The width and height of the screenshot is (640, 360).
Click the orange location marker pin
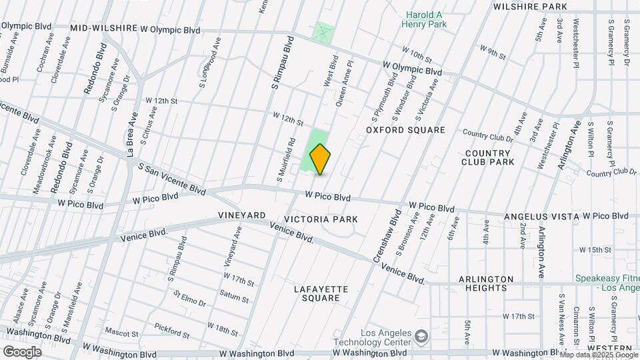click(x=320, y=160)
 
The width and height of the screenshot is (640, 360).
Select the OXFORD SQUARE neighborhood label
click(x=405, y=130)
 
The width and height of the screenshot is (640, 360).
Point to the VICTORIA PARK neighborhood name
click(x=321, y=219)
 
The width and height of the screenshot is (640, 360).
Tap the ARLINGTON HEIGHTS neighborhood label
click(x=485, y=283)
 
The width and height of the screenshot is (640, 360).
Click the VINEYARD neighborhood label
click(x=242, y=216)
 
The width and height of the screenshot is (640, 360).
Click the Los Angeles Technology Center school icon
click(x=421, y=334)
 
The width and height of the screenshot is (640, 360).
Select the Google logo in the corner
click(x=22, y=351)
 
